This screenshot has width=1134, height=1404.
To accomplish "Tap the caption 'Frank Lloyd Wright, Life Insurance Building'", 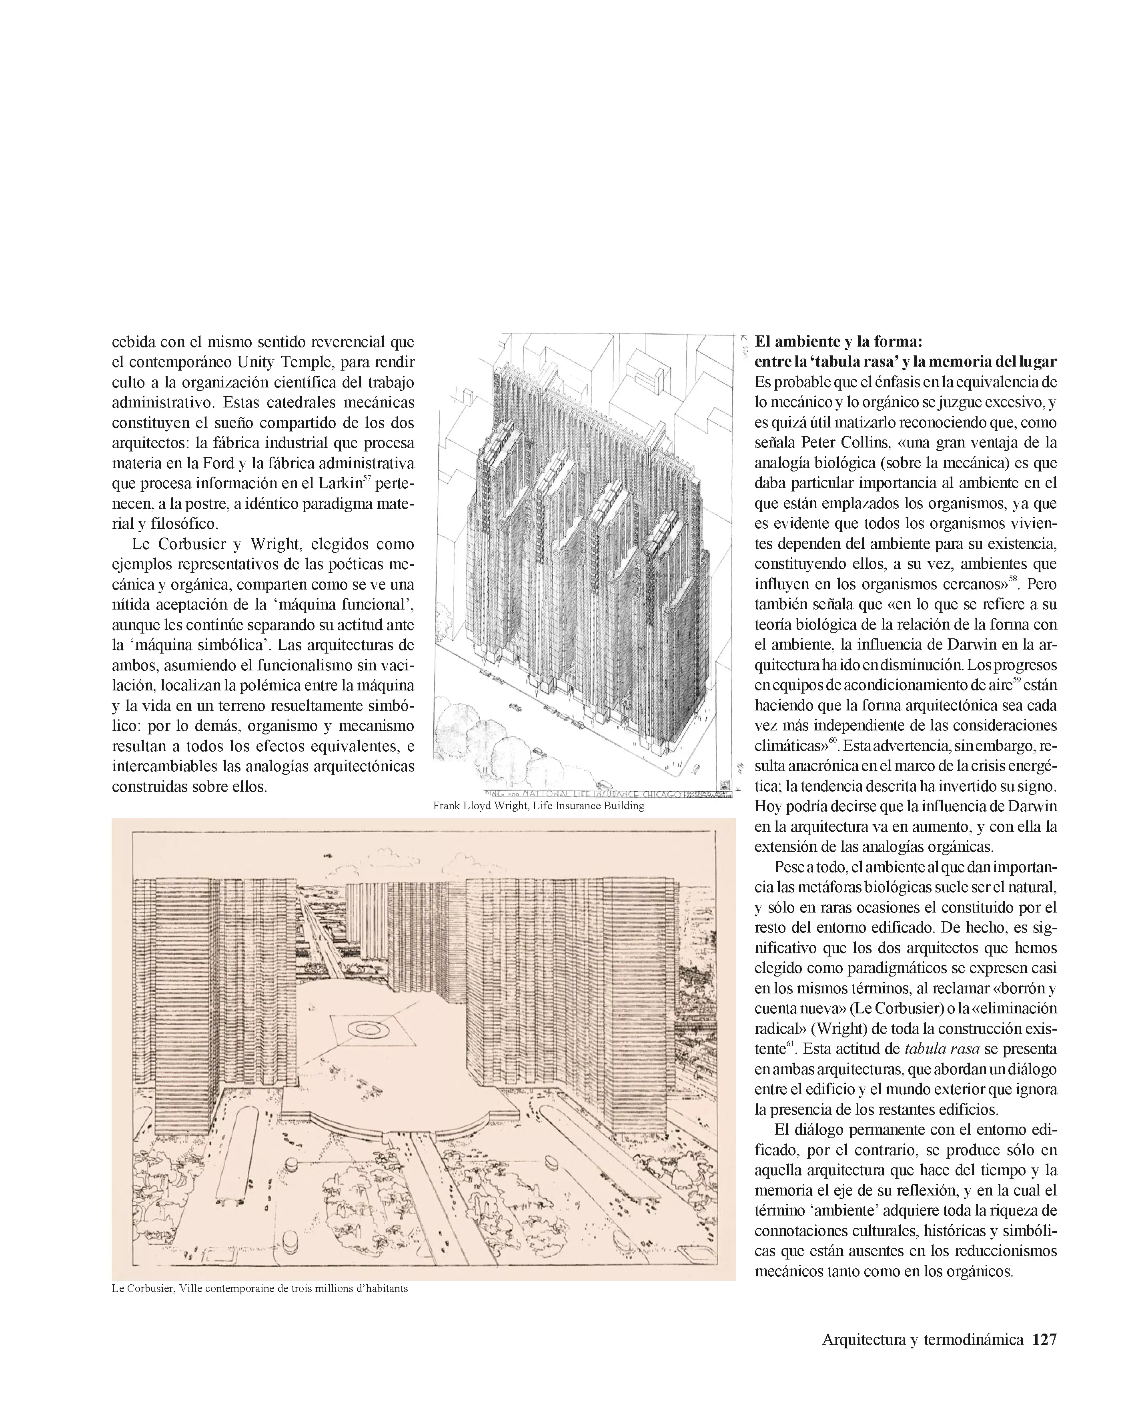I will click(x=538, y=806).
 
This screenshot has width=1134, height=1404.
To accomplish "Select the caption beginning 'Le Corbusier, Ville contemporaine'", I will click(x=260, y=1289).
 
